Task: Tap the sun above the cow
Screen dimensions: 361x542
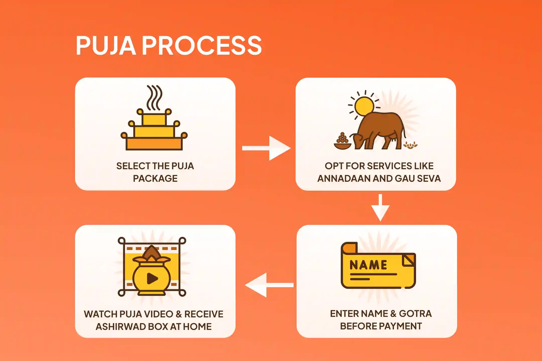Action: (x=364, y=106)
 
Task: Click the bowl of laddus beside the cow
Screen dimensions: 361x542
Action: (x=342, y=143)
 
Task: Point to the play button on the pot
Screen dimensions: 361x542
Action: (x=152, y=278)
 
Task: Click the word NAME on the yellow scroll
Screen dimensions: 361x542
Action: (x=368, y=265)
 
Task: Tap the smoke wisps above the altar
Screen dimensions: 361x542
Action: (x=154, y=98)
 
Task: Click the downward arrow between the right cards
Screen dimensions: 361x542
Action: (x=380, y=208)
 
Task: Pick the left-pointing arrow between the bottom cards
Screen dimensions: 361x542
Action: (x=269, y=285)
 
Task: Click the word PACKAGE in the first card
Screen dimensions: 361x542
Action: (x=155, y=178)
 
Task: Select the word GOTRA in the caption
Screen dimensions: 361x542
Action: (x=415, y=314)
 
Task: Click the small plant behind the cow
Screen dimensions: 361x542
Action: (x=411, y=145)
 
